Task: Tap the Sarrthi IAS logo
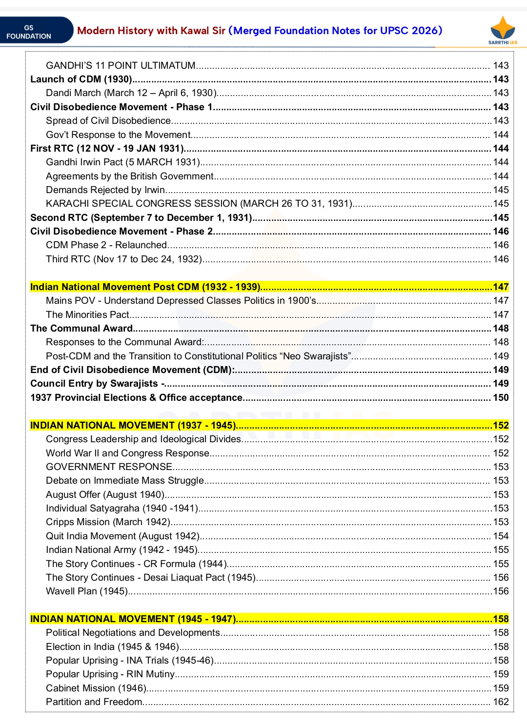click(x=503, y=30)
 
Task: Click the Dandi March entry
click(x=131, y=93)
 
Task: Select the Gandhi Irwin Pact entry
click(x=123, y=162)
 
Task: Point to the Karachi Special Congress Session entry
click(x=199, y=204)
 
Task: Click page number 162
click(x=501, y=702)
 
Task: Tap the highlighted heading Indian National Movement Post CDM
click(x=145, y=287)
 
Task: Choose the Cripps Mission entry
click(x=108, y=522)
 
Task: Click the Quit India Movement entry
click(x=122, y=536)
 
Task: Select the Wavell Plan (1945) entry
click(x=87, y=591)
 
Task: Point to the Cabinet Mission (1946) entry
click(x=96, y=688)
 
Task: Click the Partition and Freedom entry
click(x=94, y=702)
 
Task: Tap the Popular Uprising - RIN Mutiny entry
click(x=110, y=674)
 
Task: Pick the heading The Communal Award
click(x=81, y=329)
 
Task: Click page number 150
click(x=501, y=398)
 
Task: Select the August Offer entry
click(x=105, y=495)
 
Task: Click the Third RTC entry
click(x=124, y=259)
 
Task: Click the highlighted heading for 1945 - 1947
click(x=133, y=619)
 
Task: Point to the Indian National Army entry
click(x=122, y=550)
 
